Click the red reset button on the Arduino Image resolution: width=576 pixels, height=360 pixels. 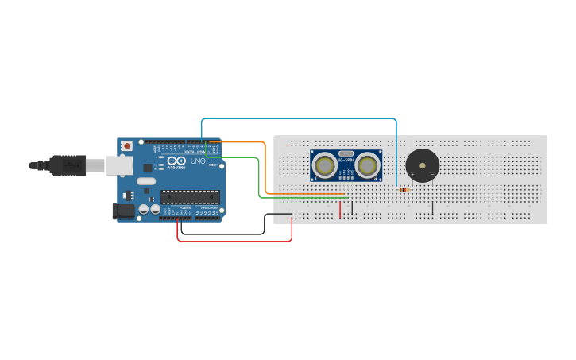126,145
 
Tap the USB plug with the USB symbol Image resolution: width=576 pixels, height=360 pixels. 67,165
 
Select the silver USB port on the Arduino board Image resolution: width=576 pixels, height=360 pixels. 119,165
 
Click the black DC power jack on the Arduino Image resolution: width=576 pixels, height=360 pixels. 123,211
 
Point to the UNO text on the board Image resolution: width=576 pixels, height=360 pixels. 197,162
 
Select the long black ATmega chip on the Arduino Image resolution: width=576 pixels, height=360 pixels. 190,196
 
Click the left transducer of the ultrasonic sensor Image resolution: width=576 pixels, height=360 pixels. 324,165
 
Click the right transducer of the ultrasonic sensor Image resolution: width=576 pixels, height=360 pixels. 366,165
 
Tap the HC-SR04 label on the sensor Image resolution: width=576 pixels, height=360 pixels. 346,161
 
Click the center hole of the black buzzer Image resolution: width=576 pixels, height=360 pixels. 422,166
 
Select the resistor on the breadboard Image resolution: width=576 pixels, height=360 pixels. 404,190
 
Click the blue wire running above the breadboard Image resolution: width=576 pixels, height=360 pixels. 302,119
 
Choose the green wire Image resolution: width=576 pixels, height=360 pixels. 259,179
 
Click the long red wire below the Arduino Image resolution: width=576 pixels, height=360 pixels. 234,241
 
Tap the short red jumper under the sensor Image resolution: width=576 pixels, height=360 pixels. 340,209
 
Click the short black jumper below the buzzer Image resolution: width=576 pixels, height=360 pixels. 432,207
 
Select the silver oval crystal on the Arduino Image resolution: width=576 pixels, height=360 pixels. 146,181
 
